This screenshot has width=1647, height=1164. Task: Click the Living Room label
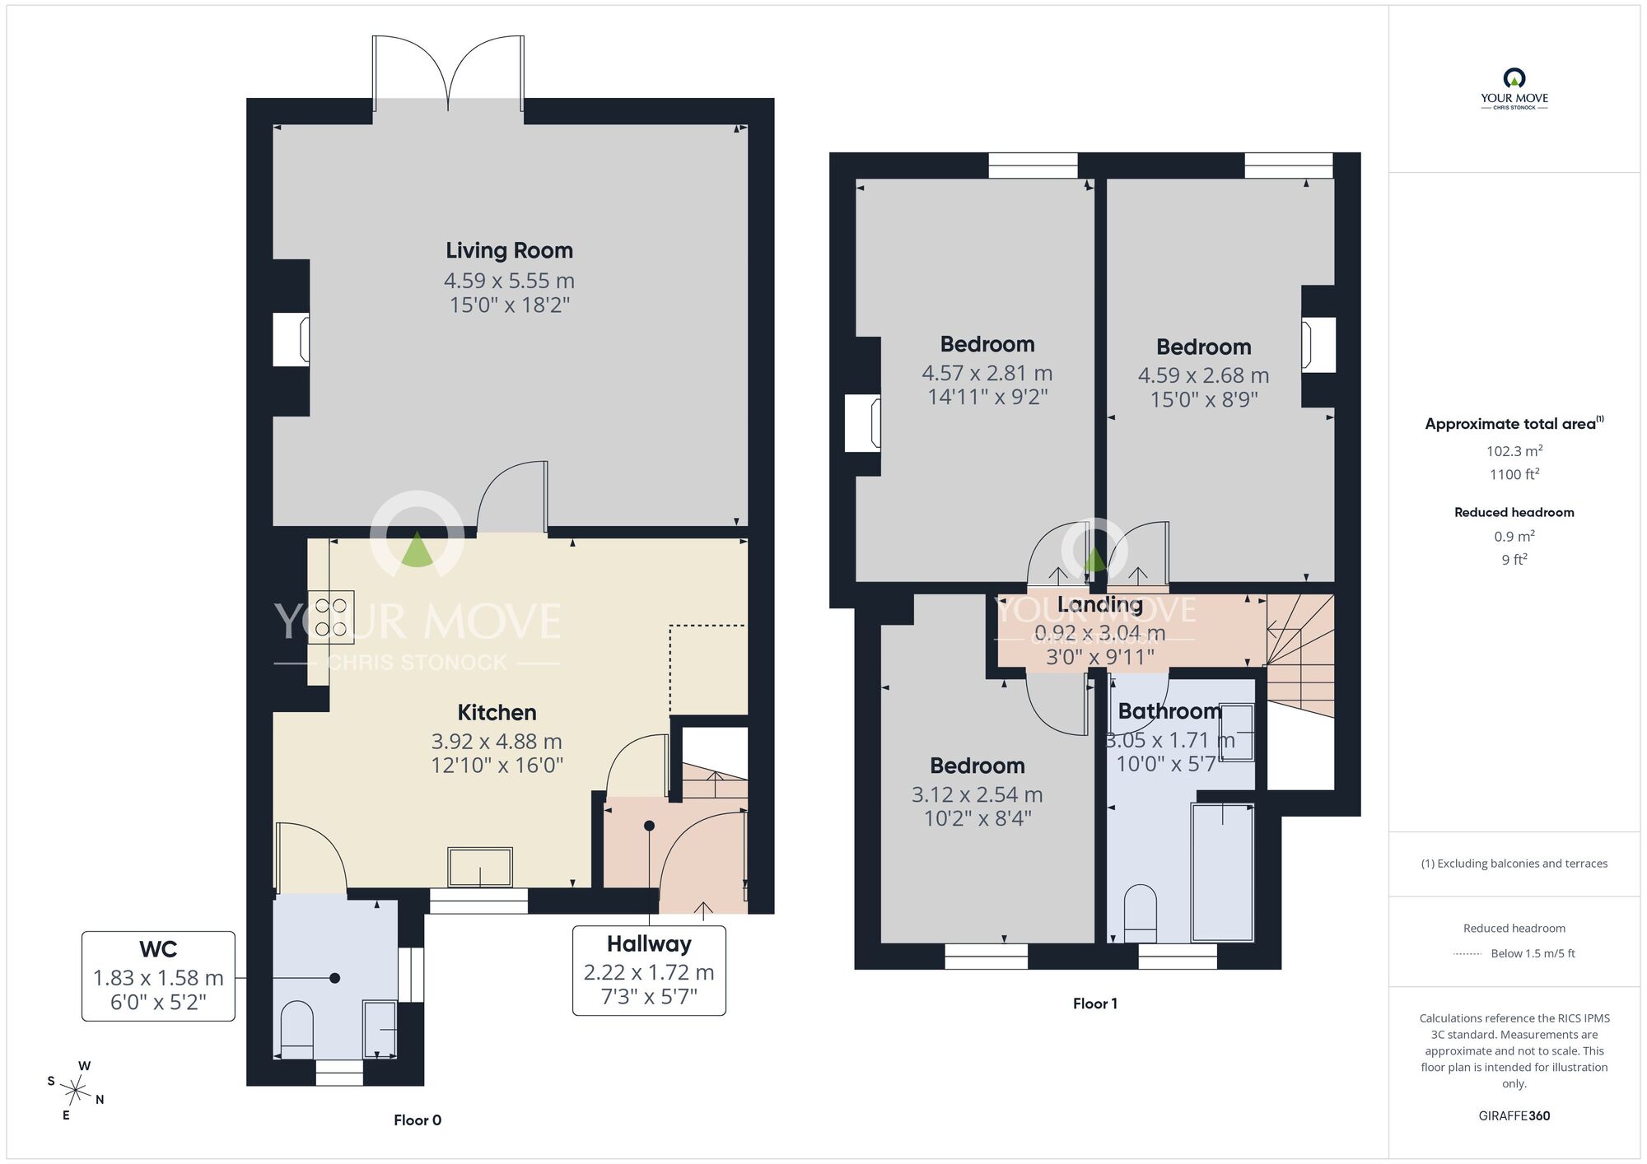click(x=509, y=250)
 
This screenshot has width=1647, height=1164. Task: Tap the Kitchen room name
click(x=497, y=712)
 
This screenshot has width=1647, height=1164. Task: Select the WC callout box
click(x=158, y=976)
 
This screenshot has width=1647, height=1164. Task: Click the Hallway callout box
click(x=649, y=971)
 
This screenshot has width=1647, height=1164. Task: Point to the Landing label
click(x=1100, y=605)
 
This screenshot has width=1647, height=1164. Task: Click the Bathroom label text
click(x=1169, y=711)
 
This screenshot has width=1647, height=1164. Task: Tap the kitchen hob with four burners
click(x=331, y=617)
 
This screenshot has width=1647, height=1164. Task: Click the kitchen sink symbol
click(x=480, y=867)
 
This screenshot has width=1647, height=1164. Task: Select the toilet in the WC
click(x=297, y=1030)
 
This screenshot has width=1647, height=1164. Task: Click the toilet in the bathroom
click(x=1141, y=914)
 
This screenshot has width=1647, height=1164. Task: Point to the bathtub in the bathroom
click(x=1223, y=873)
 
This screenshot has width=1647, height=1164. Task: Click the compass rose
click(x=76, y=1092)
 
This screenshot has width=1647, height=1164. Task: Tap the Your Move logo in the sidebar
click(x=1514, y=89)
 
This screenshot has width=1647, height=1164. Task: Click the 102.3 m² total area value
click(x=1514, y=451)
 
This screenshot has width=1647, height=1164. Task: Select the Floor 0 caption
click(x=418, y=1120)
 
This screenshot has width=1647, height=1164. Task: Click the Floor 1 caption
click(x=1095, y=1003)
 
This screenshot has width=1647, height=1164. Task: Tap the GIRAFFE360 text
click(x=1514, y=1116)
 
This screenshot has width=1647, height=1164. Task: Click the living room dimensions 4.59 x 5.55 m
click(x=509, y=281)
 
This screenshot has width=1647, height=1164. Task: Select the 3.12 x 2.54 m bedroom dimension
click(x=977, y=794)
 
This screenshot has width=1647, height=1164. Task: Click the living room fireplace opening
click(x=291, y=339)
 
